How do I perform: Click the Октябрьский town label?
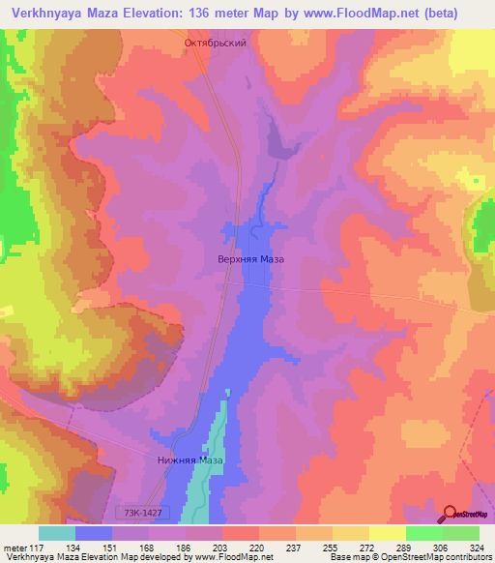(216, 44)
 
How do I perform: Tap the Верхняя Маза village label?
(249, 259)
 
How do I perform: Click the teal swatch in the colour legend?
(57, 534)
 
